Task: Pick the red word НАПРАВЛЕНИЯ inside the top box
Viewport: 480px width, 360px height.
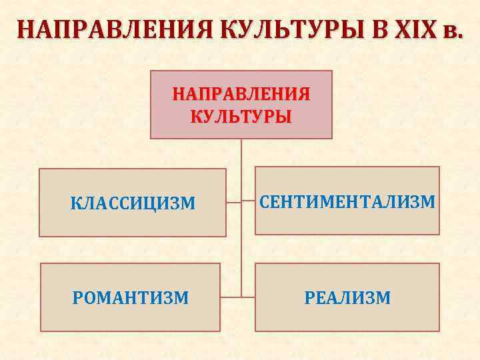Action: click(x=241, y=93)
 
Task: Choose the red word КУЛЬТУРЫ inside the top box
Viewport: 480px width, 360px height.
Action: click(x=241, y=117)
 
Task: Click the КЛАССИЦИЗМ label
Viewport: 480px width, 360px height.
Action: click(x=133, y=202)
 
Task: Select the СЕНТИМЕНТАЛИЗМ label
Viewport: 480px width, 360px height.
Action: click(x=347, y=201)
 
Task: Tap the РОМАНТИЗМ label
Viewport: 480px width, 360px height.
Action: click(x=131, y=297)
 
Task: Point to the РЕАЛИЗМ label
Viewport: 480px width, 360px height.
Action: click(x=347, y=297)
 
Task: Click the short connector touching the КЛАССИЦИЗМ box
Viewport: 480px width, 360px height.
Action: click(x=233, y=201)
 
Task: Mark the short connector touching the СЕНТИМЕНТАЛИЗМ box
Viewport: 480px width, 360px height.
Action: click(x=248, y=201)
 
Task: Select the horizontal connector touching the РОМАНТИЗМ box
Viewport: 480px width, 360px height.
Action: click(x=231, y=297)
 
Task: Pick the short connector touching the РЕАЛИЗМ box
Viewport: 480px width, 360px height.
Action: click(x=248, y=297)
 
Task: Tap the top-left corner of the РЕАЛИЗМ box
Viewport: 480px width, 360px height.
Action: click(x=256, y=264)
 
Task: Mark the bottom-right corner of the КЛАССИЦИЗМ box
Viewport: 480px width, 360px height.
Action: click(x=225, y=236)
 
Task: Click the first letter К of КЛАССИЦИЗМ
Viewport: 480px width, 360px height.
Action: click(x=75, y=202)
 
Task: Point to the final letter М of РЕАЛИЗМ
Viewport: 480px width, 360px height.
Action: click(x=384, y=297)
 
